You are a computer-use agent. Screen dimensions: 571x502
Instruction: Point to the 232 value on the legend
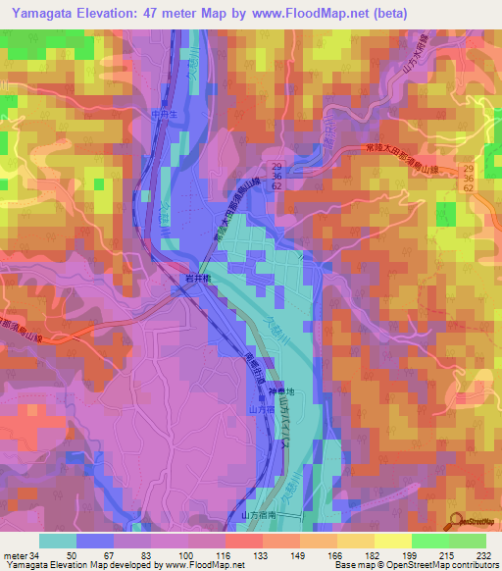coord(483,554)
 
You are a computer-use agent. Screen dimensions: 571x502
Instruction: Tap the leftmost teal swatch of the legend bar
coord(58,541)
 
